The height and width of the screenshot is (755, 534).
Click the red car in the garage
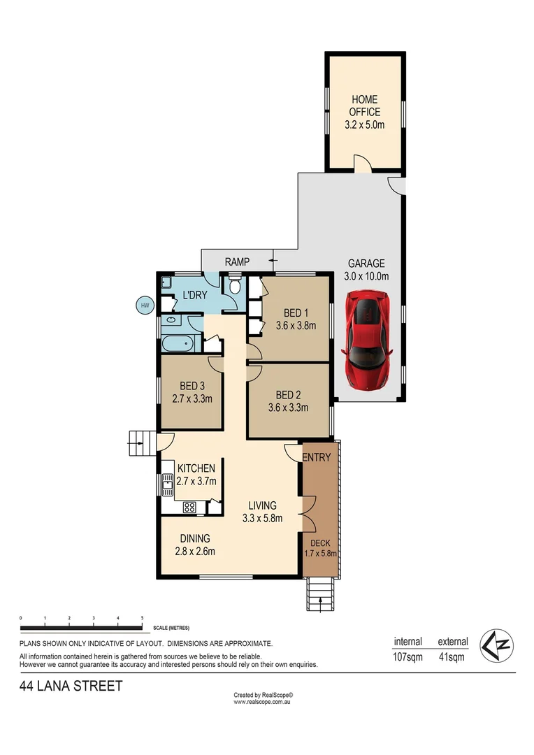tap(368, 343)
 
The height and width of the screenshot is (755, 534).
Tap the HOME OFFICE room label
tap(365, 112)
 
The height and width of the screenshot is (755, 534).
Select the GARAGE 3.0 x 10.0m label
tap(367, 269)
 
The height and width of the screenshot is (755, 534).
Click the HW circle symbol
tap(145, 305)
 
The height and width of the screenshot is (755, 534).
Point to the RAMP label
tap(238, 262)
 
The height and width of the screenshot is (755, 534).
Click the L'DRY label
tap(194, 296)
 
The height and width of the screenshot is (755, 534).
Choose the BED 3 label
tap(192, 392)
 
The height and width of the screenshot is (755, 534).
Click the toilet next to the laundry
tap(235, 287)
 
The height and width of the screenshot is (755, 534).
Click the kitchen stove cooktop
tap(189, 508)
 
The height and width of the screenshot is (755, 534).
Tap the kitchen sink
tap(168, 483)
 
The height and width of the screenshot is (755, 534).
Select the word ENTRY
tap(317, 457)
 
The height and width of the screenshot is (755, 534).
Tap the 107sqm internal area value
tap(407, 657)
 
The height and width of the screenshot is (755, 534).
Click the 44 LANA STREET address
tap(71, 686)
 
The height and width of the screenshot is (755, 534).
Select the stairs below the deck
tap(321, 594)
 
